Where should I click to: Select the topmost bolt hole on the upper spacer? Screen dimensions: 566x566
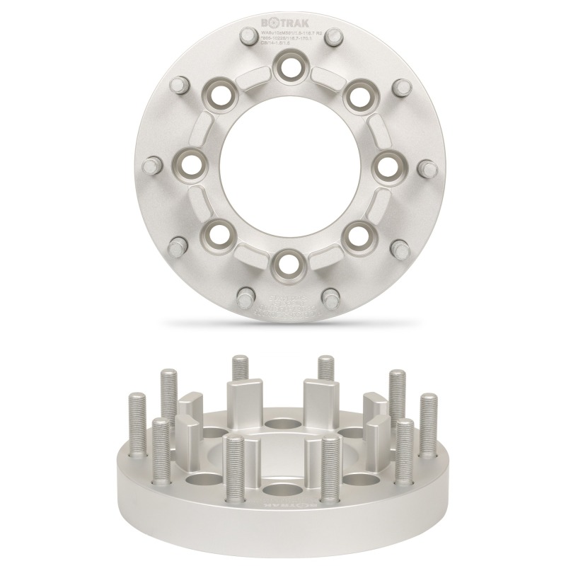[x=287, y=69]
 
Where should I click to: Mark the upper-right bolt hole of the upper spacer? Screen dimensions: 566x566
[x=356, y=97]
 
